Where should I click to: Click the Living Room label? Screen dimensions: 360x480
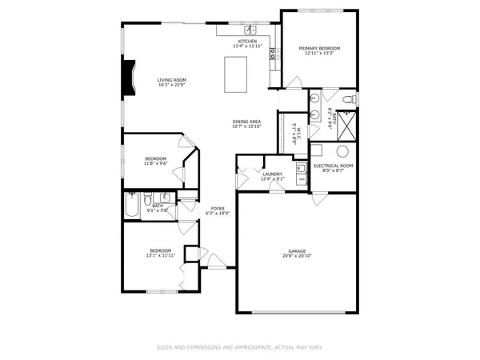point(171,80)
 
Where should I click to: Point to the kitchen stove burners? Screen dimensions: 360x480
point(273,54)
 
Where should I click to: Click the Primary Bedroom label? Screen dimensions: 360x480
point(319,49)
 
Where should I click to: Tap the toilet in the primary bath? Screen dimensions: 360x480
point(348,99)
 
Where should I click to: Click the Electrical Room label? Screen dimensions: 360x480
point(334,166)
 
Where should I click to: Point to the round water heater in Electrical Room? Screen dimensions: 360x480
point(342,151)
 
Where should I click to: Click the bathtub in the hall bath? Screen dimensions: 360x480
point(132,206)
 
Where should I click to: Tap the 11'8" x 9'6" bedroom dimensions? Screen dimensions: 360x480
point(155,163)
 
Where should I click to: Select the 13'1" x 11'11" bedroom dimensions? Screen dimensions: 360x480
point(160,257)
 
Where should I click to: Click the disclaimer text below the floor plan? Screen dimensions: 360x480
point(239,347)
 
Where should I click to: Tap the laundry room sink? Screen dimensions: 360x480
point(301,169)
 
